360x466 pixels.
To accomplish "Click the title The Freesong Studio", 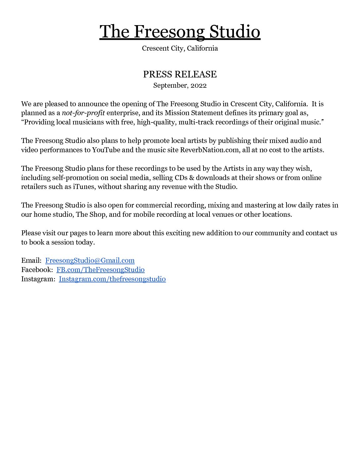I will coord(180,32).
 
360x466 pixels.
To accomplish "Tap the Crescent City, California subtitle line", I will coord(180,48).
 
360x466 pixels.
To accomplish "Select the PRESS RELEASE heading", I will coord(180,74).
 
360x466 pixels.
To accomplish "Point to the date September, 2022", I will coord(180,85).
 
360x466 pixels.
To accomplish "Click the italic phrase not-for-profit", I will coord(83,113).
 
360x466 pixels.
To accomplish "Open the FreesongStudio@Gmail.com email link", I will coord(90,260).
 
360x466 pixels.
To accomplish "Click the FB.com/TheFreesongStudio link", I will coord(100,270).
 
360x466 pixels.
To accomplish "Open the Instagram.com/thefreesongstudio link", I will coord(112,279).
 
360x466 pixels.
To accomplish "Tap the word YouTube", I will coord(106,150).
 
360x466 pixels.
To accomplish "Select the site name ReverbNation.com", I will coord(209,150).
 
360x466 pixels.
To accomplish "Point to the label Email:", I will coord(31,260).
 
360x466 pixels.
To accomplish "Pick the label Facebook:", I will coord(37,270).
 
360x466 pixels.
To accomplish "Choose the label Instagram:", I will coord(38,279).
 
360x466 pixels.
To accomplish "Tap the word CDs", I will coord(181,178).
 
